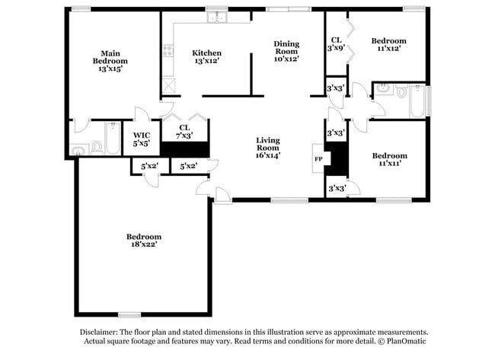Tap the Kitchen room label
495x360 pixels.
[x=206, y=53]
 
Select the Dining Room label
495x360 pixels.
[x=286, y=48]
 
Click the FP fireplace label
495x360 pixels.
[x=318, y=159]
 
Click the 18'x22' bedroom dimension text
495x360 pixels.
[x=144, y=245]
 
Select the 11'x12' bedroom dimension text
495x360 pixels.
[x=388, y=49]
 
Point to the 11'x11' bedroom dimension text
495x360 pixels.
[x=388, y=164]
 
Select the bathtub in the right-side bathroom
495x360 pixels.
[x=419, y=103]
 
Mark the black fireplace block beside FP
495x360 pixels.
[x=341, y=158]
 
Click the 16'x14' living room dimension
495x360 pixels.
[x=268, y=155]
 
